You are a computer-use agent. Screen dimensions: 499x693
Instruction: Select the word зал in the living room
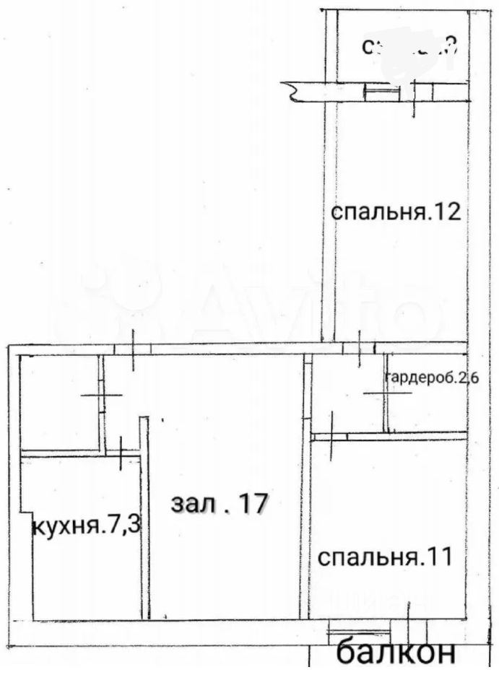coord(190,504)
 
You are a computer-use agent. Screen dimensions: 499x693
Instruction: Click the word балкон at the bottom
coord(396,654)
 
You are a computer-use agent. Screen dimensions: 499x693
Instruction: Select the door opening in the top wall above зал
coord(132,348)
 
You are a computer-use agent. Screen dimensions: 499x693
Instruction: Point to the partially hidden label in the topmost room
coord(409,48)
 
